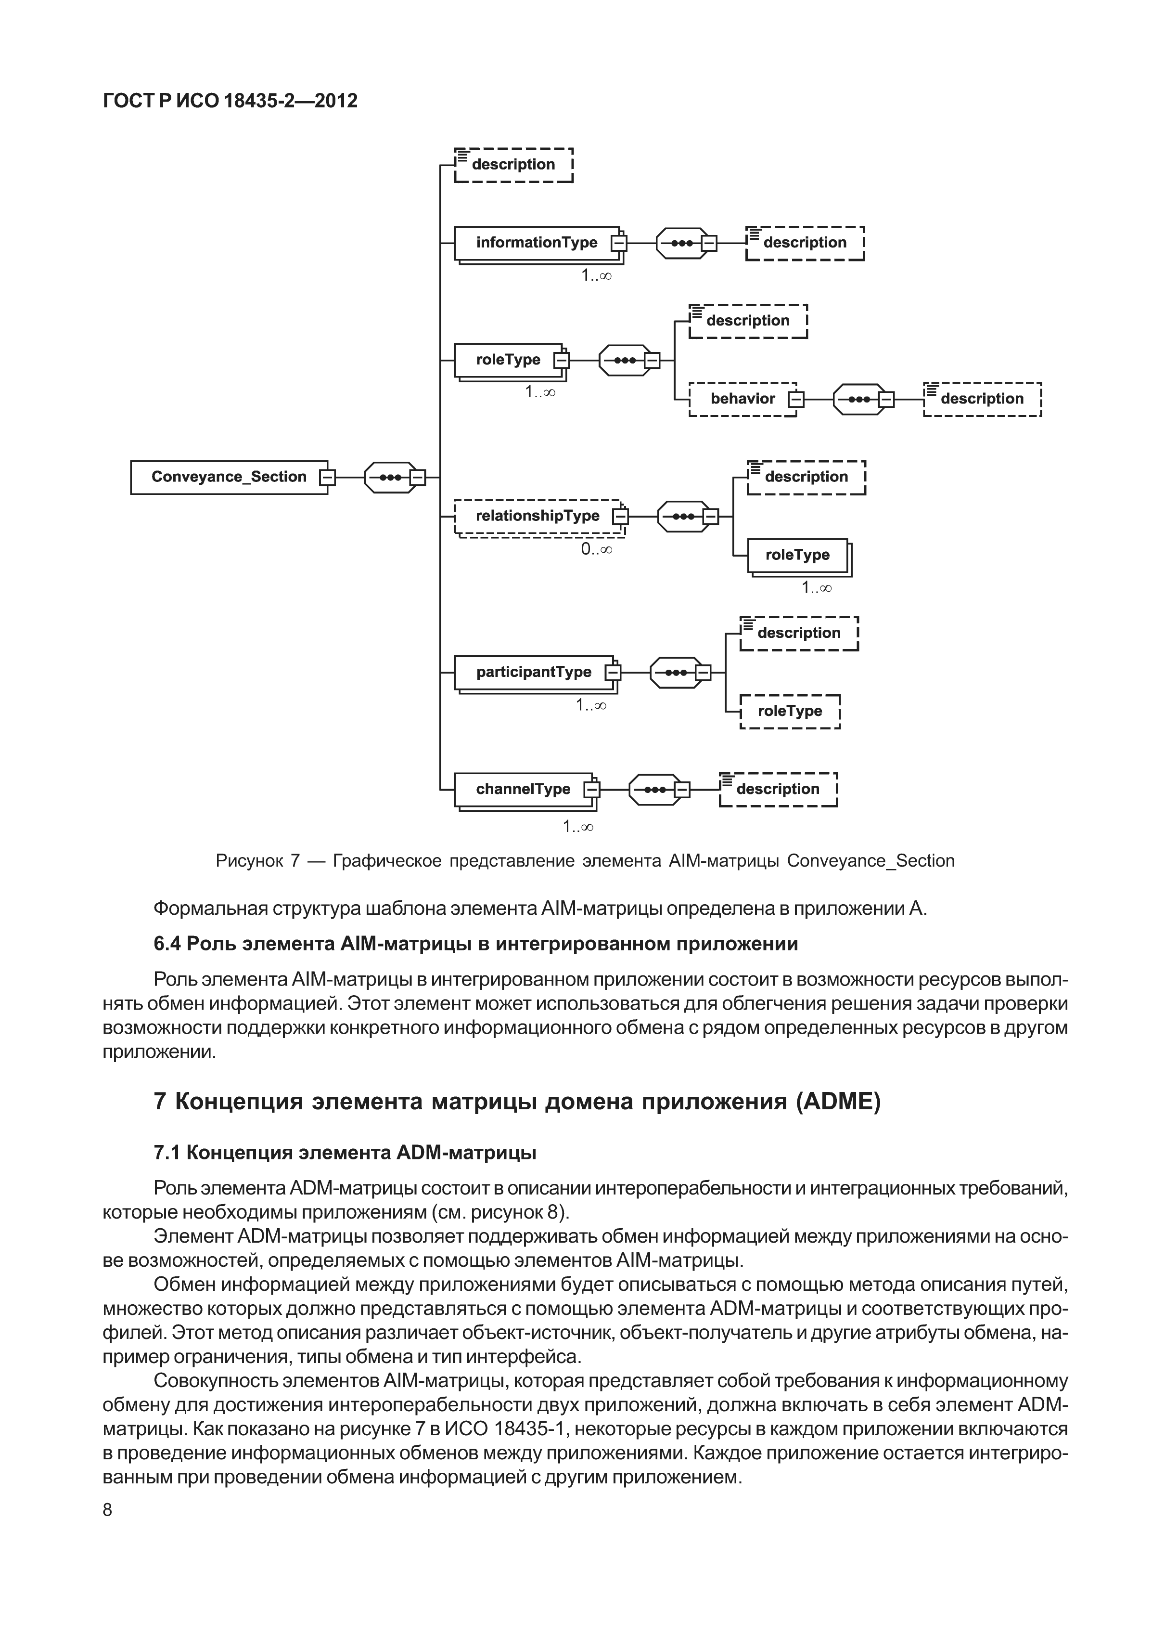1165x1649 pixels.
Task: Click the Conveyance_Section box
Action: (228, 477)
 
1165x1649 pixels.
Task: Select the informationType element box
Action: (536, 243)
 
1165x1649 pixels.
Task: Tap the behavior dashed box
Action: (742, 399)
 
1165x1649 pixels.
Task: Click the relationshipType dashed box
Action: (537, 517)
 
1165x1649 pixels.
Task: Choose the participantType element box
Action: (533, 672)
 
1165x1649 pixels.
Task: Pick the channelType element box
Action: (523, 789)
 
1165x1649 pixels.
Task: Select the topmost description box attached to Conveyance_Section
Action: (513, 165)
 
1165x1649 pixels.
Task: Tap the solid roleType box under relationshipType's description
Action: (797, 555)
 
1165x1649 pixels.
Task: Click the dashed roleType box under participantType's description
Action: (790, 711)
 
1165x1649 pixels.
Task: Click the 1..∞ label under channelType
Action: (578, 827)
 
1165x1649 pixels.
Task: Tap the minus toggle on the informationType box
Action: (618, 244)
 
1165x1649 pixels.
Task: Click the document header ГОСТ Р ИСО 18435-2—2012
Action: (230, 101)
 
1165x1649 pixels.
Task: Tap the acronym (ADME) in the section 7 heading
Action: (837, 1101)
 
